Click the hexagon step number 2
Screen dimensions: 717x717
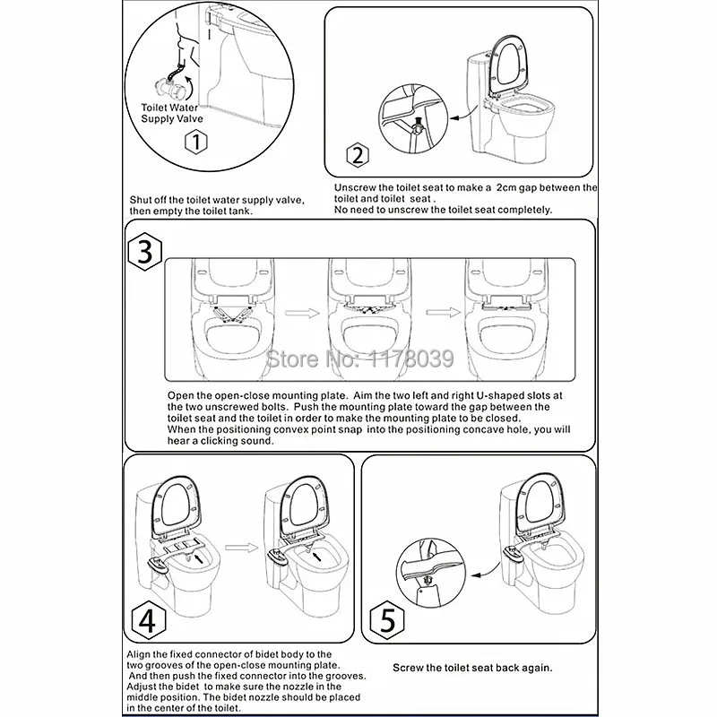click(x=358, y=157)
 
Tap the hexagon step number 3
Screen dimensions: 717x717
click(x=144, y=253)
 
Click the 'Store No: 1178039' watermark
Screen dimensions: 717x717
click(x=362, y=359)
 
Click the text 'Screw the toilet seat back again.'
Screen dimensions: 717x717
click(x=472, y=668)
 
